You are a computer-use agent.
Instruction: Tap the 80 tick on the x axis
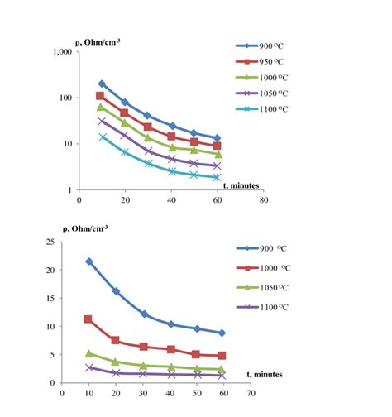[x=262, y=200]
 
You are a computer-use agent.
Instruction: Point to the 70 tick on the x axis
[x=262, y=394]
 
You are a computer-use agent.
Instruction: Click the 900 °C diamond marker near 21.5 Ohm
[x=88, y=261]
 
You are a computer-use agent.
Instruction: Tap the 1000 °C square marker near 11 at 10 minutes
[x=88, y=319]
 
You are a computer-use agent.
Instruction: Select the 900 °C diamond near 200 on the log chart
[x=102, y=84]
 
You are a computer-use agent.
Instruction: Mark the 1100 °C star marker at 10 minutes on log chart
[x=103, y=137]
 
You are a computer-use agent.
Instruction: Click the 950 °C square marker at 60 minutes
[x=217, y=146]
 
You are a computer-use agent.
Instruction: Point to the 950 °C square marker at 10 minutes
[x=102, y=96]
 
